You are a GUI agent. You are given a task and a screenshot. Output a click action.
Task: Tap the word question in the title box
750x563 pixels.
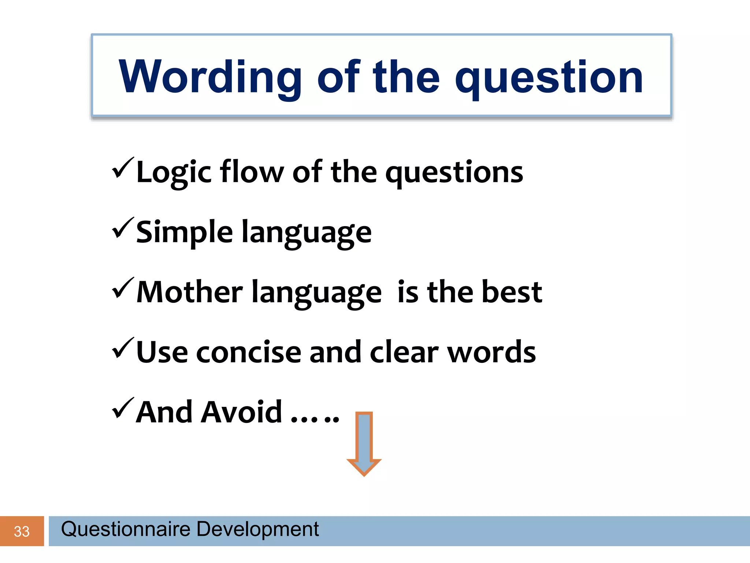point(549,79)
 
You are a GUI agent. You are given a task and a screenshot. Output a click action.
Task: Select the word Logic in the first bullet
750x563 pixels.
point(174,172)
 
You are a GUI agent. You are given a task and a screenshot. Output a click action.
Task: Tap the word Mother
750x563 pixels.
point(189,292)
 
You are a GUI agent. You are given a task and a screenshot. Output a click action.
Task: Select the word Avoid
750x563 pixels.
point(242,412)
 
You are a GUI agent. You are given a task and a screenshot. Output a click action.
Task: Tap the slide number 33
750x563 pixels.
point(22,531)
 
